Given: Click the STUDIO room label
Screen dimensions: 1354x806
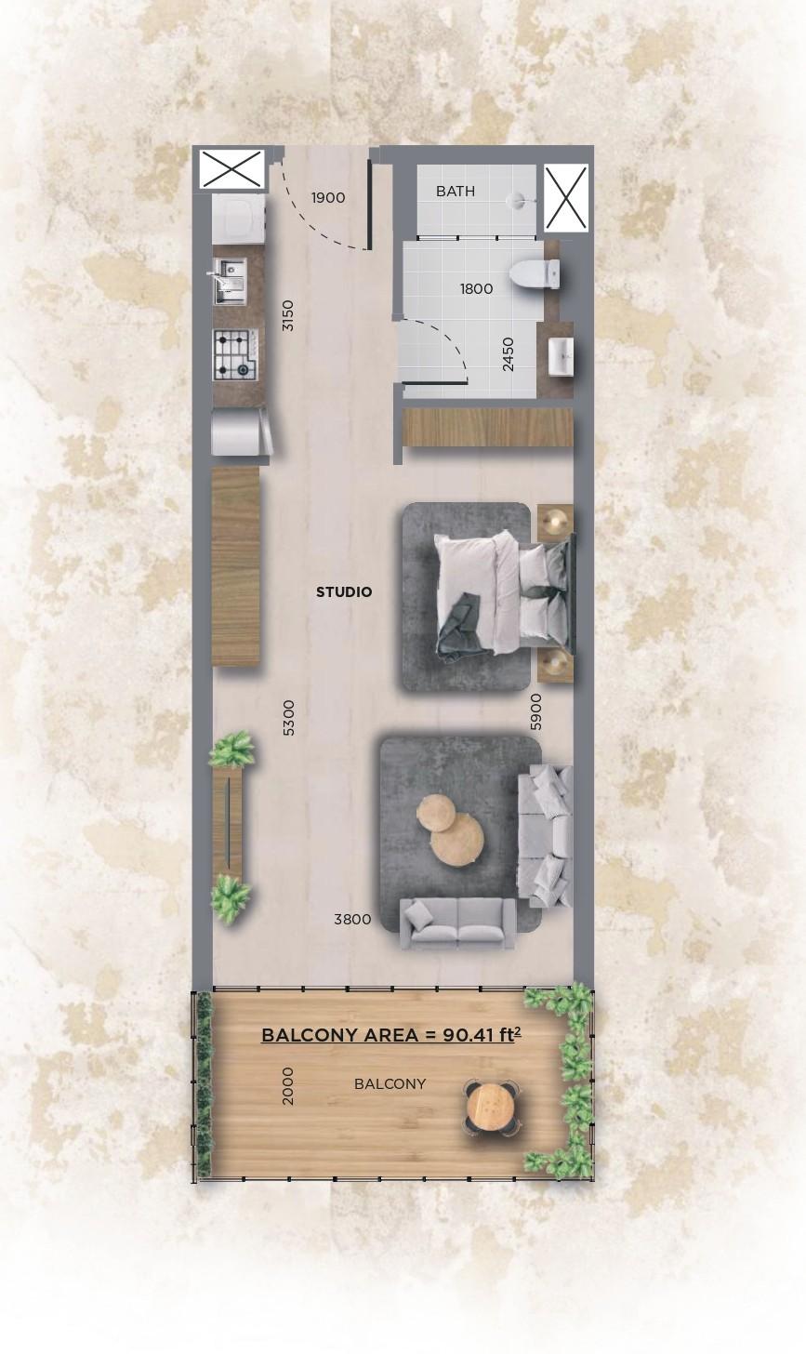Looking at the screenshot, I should click(343, 592).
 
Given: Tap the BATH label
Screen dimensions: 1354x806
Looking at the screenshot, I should click(456, 192).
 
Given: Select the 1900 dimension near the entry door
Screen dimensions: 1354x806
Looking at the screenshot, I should click(328, 198).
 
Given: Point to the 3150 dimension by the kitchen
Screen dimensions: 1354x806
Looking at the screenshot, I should click(288, 315).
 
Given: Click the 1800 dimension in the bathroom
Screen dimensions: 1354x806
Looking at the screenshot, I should click(476, 289).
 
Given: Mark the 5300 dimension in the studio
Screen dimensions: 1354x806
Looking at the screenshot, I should click(288, 718).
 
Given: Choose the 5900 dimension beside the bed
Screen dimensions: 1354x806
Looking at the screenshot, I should click(535, 710).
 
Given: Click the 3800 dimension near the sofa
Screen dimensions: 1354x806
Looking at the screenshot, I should click(352, 920).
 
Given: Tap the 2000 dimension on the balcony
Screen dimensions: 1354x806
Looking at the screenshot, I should click(288, 1085).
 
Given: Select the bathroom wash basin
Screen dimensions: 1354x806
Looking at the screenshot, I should click(561, 357).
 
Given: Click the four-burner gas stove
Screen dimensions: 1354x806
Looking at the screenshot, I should click(234, 354).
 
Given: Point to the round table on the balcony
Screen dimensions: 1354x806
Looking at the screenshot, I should click(491, 1107).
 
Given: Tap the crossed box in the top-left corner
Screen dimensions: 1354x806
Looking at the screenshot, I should click(231, 169).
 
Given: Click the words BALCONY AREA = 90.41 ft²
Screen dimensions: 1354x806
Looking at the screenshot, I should click(389, 1035).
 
